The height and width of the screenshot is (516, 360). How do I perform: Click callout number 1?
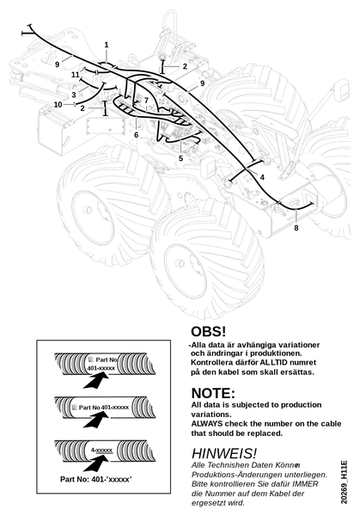107,45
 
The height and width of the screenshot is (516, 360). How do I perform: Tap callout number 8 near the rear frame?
296,228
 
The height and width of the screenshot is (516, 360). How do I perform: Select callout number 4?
262,177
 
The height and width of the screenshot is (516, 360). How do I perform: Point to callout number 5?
180,158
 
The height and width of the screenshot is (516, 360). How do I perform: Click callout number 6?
136,135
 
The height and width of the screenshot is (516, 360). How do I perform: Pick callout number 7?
146,101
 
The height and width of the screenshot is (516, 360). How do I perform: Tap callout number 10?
58,105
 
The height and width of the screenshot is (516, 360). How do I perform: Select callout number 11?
76,75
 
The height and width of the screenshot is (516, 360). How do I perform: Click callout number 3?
74,95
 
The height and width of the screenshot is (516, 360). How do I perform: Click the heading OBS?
209,331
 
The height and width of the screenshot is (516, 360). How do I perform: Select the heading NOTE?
213,393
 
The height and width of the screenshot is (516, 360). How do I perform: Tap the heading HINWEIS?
224,453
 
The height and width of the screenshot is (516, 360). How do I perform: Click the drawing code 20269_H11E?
344,482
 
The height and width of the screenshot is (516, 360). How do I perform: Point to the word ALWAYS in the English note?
207,423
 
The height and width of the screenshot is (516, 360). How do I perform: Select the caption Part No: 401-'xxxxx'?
96,480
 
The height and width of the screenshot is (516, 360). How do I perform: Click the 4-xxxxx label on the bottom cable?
102,450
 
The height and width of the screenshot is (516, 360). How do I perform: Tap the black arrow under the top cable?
95,382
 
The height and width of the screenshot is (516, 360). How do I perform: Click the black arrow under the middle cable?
95,421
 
